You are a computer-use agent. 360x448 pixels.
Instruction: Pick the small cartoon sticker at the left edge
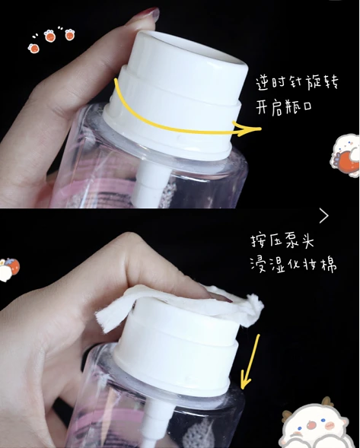tap(8, 268)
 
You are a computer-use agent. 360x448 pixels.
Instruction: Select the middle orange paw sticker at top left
tap(50, 36)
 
